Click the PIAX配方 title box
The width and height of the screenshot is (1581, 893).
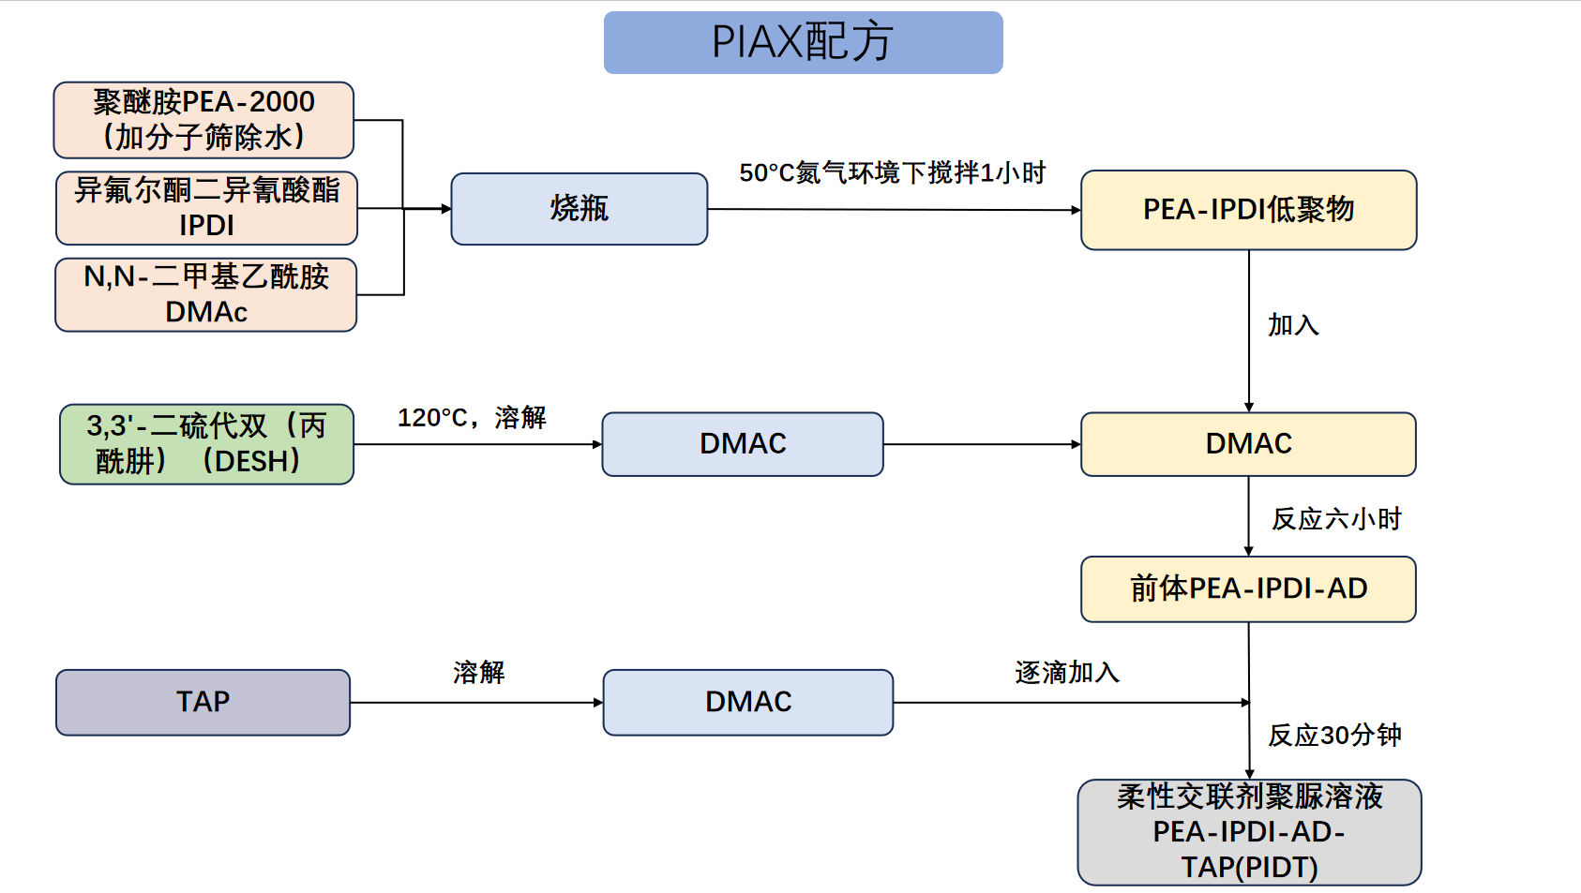point(804,42)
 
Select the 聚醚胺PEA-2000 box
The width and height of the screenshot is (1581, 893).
point(203,120)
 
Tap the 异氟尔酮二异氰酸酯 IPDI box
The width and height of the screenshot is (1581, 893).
point(206,208)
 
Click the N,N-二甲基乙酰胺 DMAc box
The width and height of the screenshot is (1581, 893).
point(205,295)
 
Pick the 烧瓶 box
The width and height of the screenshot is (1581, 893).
point(579,209)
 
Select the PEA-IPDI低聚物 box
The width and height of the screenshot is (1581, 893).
point(1248,210)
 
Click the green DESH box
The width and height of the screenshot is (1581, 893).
point(206,443)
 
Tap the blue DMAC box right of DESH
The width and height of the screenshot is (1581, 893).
point(743,444)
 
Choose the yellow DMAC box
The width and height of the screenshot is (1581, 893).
point(1248,444)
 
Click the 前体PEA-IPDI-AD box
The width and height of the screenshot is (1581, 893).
point(1248,589)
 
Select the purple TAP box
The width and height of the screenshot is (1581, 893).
point(203,703)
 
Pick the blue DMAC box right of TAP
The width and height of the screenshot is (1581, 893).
point(748,703)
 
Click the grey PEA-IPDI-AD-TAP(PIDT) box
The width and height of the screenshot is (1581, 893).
point(1249,832)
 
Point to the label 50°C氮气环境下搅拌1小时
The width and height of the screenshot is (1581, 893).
point(892,172)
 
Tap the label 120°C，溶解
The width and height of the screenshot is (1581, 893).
point(472,418)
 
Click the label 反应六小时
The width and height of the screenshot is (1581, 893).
point(1336,519)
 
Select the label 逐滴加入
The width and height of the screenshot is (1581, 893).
point(1066,673)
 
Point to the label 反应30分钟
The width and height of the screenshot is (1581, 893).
point(1334,736)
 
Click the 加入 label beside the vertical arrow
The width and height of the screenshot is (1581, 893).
point(1293,325)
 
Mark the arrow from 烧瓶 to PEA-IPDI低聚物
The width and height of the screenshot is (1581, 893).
point(895,210)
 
